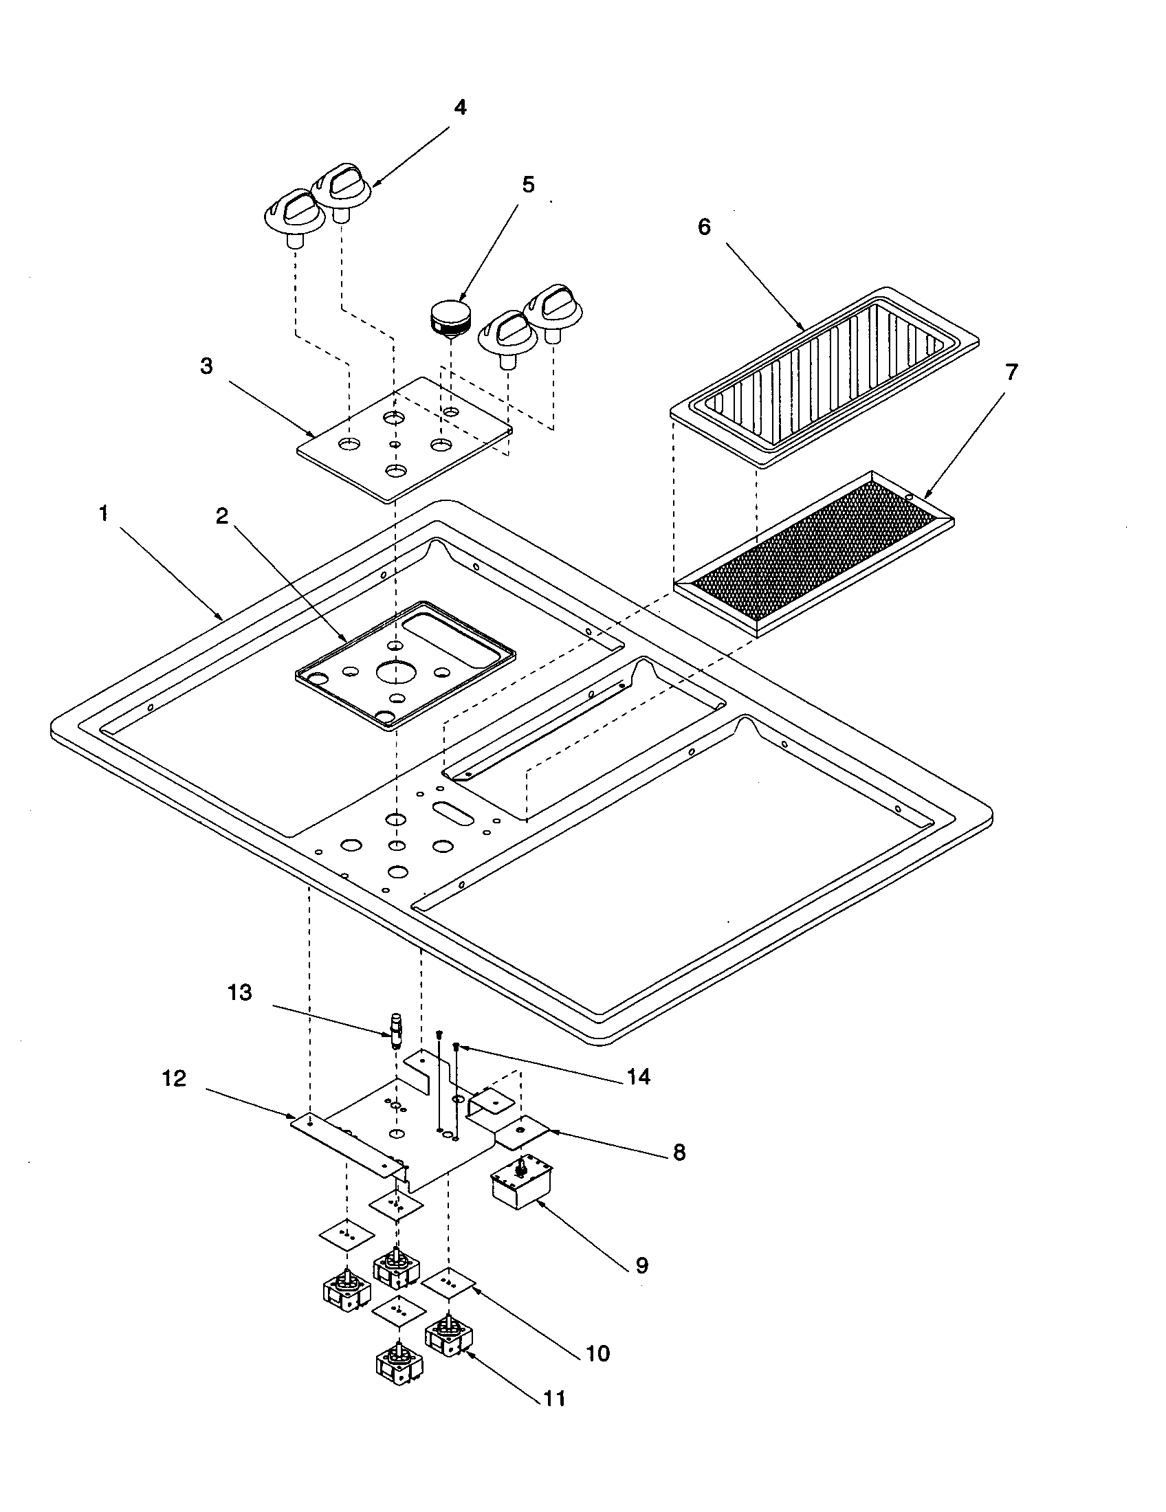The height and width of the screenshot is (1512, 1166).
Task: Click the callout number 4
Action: click(460, 108)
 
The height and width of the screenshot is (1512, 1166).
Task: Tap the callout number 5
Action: click(528, 185)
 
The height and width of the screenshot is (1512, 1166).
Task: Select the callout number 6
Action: click(704, 227)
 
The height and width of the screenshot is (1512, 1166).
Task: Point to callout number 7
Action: click(1011, 373)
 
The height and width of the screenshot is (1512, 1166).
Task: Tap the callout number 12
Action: click(175, 1078)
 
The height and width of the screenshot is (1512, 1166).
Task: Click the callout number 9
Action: click(642, 1265)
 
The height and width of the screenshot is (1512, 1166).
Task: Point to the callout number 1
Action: click(104, 513)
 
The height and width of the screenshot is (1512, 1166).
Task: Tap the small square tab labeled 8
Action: click(523, 1129)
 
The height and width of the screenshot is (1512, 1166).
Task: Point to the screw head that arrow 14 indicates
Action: click(456, 1045)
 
